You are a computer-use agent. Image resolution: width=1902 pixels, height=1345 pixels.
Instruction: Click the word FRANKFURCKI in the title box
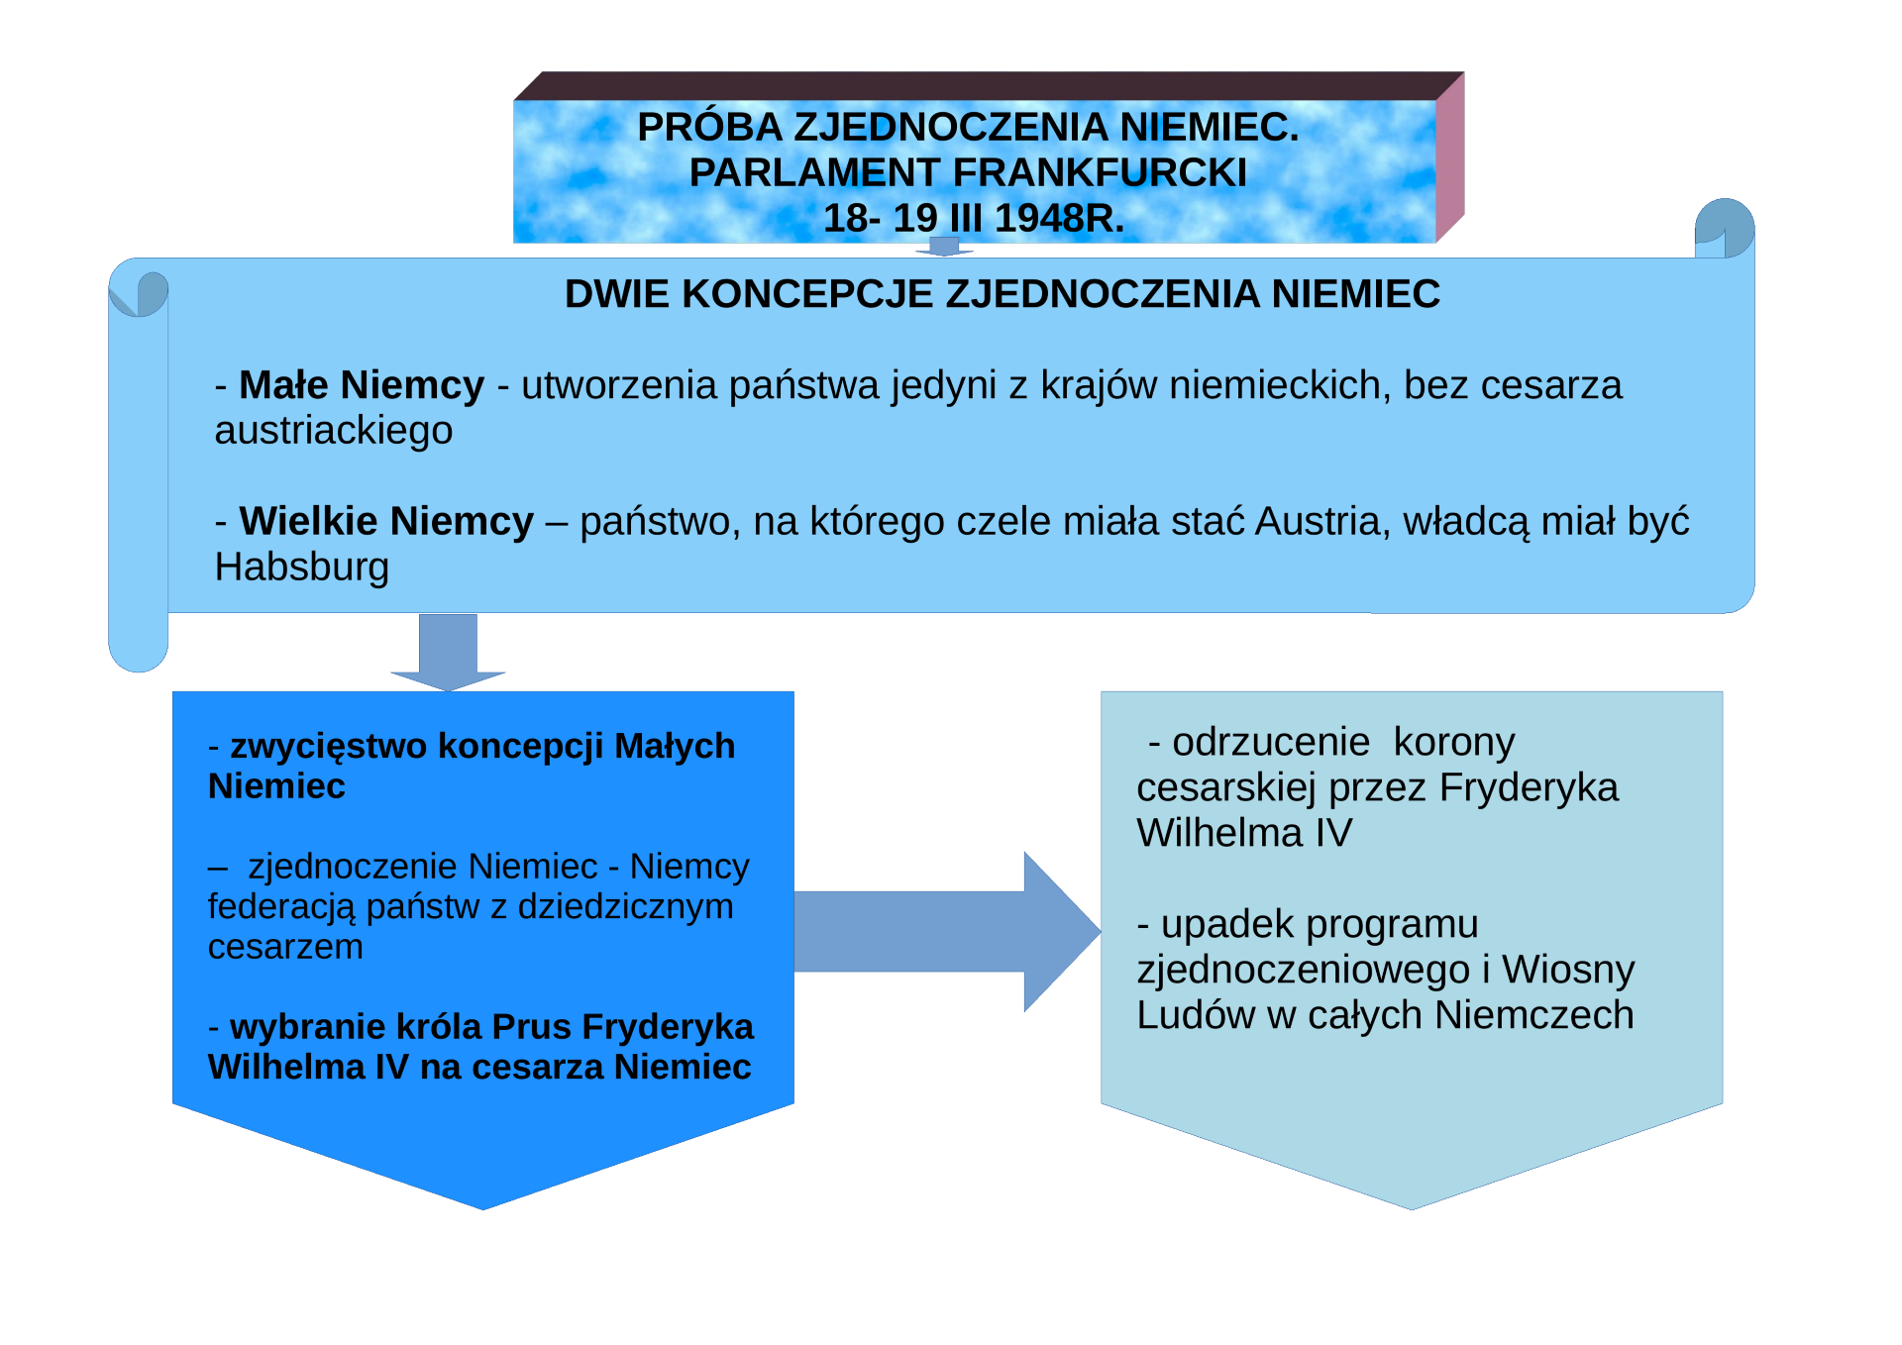click(x=1100, y=172)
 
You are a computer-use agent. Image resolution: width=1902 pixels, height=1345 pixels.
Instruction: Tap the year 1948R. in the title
click(x=1059, y=218)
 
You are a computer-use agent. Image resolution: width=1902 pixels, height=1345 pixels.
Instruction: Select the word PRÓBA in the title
click(x=709, y=127)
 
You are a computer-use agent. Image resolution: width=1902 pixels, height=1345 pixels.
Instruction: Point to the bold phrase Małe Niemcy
click(x=362, y=385)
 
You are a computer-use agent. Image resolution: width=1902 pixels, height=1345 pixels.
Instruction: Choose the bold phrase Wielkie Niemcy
click(x=386, y=521)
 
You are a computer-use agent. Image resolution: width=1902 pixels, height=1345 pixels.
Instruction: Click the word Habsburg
click(x=302, y=568)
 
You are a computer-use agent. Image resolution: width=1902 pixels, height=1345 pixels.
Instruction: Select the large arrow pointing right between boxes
click(x=947, y=931)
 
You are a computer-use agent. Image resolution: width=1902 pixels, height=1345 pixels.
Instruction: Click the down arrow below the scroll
click(x=448, y=653)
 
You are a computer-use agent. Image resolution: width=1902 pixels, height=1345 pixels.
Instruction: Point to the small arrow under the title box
click(x=944, y=247)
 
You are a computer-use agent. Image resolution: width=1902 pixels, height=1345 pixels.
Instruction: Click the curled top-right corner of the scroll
click(x=1725, y=229)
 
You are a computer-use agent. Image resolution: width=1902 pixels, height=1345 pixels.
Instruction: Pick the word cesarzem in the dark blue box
click(x=285, y=948)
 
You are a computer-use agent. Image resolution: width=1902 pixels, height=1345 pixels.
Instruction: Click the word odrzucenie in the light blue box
click(x=1271, y=742)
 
